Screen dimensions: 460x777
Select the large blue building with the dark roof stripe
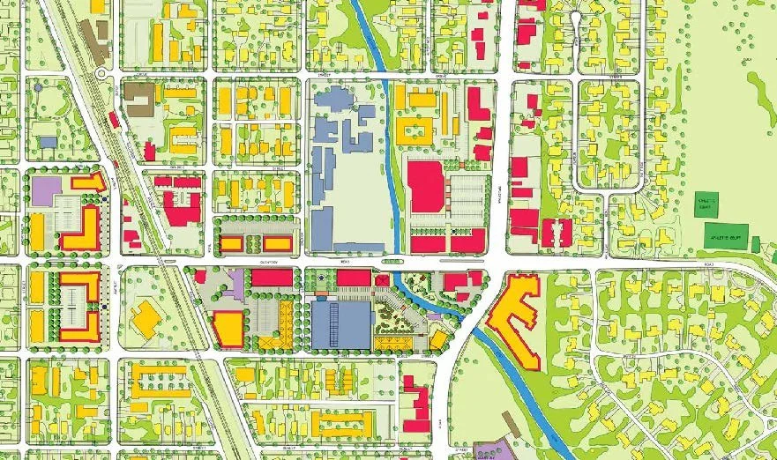340,324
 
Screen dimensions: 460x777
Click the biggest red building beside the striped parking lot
425,186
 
